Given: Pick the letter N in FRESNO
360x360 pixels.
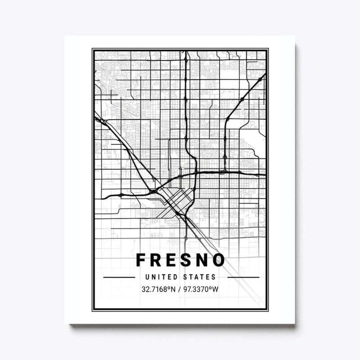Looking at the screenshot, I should [204, 261].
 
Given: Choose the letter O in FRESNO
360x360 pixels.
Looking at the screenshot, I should [219, 261].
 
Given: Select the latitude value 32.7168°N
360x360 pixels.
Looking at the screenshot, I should [158, 289].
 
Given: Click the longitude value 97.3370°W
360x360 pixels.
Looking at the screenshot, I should [201, 289].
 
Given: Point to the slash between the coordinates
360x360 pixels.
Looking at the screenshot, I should [179, 289].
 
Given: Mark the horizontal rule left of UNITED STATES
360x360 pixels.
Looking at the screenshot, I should [119, 277].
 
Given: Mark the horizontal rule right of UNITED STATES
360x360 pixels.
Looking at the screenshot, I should [243, 277].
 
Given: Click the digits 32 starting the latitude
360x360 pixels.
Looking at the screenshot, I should [144, 289].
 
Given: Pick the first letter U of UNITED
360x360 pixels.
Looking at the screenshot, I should [149, 277].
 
